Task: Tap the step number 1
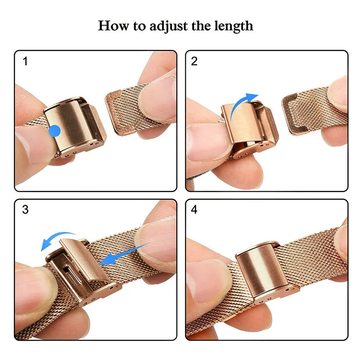pos(25,61)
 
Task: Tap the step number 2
pos(194,61)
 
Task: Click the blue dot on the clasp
pos(54,131)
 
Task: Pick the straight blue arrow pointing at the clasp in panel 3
pos(124,254)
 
